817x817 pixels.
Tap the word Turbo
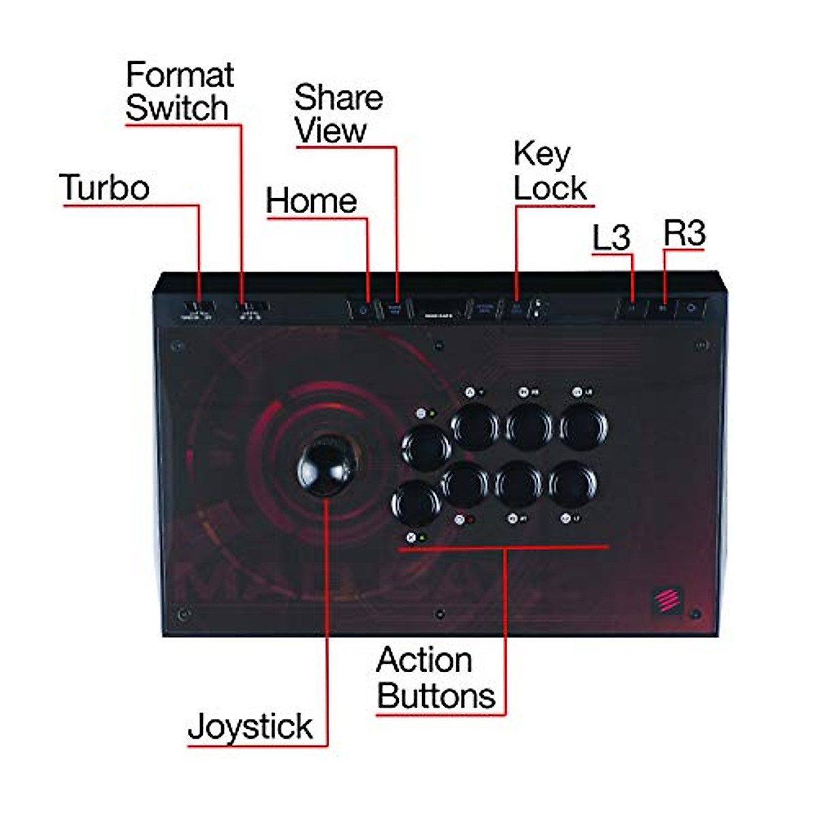pos(104,187)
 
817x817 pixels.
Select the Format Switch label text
pos(179,91)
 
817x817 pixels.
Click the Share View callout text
pos(338,114)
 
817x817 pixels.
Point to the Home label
pos(311,201)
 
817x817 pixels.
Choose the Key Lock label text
pos(549,172)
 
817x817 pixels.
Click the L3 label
pos(611,238)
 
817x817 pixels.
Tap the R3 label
pos(684,234)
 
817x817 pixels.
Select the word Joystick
pos(250,726)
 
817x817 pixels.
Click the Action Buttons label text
pos(436,678)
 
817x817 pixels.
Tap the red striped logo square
pos(667,600)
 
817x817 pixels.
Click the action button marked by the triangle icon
pos(475,426)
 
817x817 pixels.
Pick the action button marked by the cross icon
pos(416,504)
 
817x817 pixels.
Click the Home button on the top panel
pos(364,310)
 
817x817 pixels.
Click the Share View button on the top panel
pos(395,309)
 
